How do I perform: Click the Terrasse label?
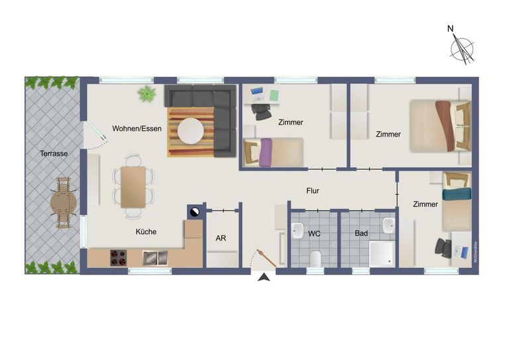(x=54, y=153)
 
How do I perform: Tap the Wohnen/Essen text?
(x=137, y=129)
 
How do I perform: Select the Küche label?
(x=146, y=231)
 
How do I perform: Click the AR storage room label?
(x=221, y=238)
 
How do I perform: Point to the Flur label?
(x=313, y=191)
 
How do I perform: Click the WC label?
(x=314, y=233)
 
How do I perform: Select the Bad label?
(x=361, y=233)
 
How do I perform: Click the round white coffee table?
(x=191, y=131)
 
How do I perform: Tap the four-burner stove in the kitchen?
(x=119, y=258)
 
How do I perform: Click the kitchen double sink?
(x=155, y=258)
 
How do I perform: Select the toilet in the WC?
(x=315, y=259)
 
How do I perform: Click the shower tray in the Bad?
(x=382, y=254)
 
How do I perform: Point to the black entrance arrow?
(x=264, y=277)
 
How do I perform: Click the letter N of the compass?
(x=450, y=29)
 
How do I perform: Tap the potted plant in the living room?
(x=146, y=94)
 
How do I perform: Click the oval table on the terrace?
(x=64, y=203)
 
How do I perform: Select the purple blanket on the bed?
(x=266, y=152)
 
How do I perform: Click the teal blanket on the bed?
(x=457, y=194)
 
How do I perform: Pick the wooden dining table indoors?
(x=133, y=187)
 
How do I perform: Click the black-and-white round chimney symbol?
(x=196, y=212)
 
